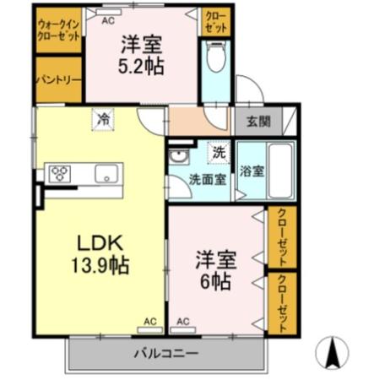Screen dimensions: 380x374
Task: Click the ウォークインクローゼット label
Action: click(x=57, y=30)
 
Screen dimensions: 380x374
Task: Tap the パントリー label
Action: click(x=57, y=79)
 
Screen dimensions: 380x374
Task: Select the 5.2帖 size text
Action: click(x=140, y=65)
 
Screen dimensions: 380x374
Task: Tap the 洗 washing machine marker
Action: click(x=218, y=154)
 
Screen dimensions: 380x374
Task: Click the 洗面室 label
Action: click(x=206, y=178)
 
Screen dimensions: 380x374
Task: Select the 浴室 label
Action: click(x=252, y=170)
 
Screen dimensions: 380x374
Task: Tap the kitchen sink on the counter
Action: click(x=106, y=174)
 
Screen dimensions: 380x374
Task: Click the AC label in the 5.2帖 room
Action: click(x=108, y=18)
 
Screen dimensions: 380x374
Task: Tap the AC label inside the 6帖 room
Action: click(x=183, y=322)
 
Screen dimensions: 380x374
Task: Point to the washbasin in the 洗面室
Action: click(x=178, y=158)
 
